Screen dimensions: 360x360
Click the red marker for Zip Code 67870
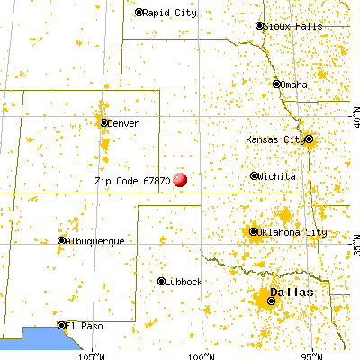click(x=180, y=179)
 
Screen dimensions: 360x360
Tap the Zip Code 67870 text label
click(x=132, y=180)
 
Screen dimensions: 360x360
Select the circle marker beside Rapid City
click(x=139, y=13)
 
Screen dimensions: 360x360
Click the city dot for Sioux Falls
click(x=260, y=26)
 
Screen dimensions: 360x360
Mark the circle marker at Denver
click(x=104, y=123)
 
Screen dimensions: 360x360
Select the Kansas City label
click(x=275, y=139)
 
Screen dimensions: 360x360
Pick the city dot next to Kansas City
click(x=309, y=139)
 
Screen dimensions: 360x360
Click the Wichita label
click(x=276, y=176)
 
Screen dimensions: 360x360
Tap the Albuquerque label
click(x=95, y=241)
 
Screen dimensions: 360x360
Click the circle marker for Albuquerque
click(x=62, y=241)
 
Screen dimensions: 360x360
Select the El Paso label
click(x=85, y=325)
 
